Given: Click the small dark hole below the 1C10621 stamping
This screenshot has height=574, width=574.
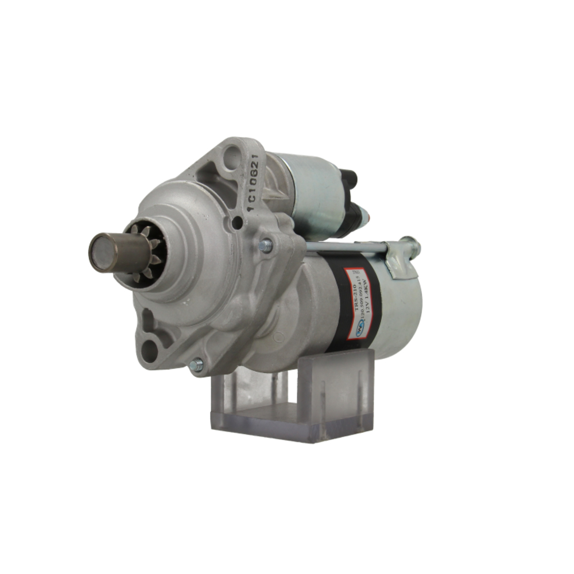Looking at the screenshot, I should (236, 223).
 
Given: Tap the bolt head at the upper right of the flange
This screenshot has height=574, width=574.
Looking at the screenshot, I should (265, 246).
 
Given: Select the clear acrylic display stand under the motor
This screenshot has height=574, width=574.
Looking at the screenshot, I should (293, 402).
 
